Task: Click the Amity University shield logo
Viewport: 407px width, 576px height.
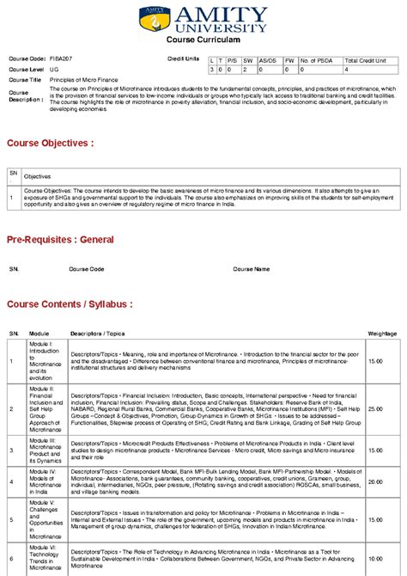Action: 160,18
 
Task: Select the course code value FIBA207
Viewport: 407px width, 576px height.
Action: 61,58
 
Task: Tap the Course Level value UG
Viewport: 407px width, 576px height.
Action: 54,69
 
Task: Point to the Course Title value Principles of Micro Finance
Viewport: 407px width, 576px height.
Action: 84,79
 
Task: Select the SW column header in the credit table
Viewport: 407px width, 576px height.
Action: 247,61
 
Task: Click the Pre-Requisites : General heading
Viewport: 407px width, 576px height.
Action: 60,239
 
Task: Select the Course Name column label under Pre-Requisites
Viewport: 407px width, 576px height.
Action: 251,268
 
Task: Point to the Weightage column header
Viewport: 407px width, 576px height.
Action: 382,332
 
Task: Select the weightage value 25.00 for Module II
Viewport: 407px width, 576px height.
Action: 375,408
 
